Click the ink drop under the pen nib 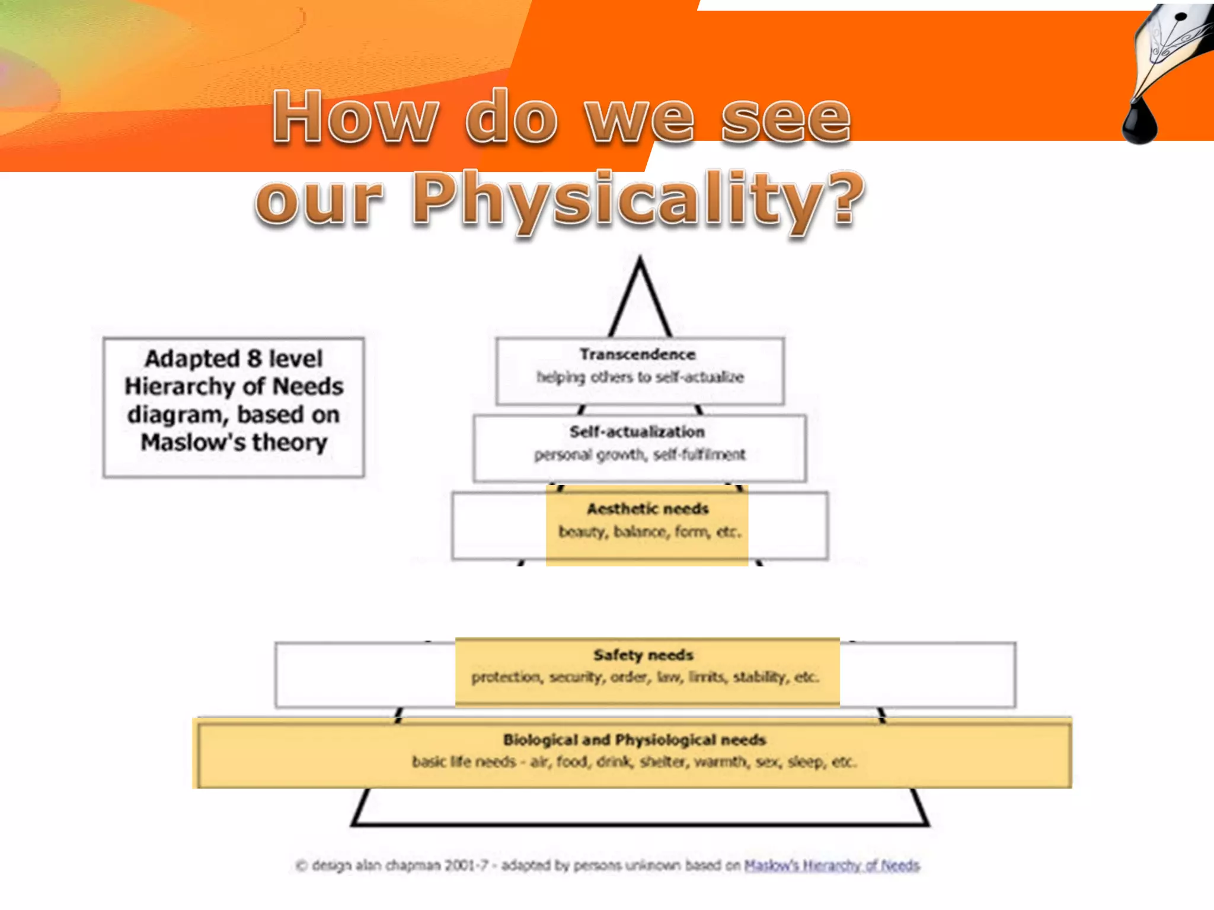(x=1139, y=121)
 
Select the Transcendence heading (x=637, y=354)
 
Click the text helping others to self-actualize (x=640, y=377)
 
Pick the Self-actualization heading (x=637, y=432)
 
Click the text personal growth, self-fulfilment (x=640, y=454)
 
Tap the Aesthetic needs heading (x=647, y=509)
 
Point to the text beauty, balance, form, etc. (x=649, y=531)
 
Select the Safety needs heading (x=643, y=655)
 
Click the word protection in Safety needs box (x=506, y=677)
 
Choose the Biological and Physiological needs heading (x=634, y=739)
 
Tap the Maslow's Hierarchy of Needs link (x=832, y=866)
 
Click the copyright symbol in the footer (x=301, y=866)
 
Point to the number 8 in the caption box (x=254, y=359)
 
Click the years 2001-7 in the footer (x=467, y=866)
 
